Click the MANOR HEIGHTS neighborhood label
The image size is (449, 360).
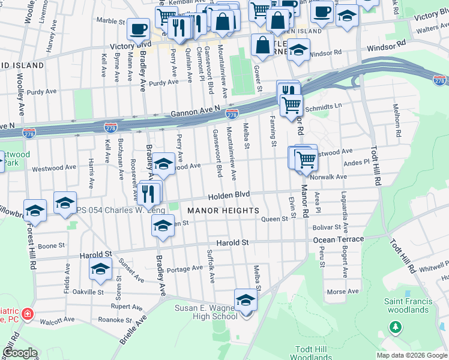tap(223, 211)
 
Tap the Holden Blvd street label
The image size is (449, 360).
tap(229, 196)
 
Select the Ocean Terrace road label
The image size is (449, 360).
tap(339, 239)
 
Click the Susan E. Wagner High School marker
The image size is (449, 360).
tap(246, 301)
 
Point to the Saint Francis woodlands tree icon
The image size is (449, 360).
tap(395, 327)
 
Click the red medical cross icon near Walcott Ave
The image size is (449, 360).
tap(26, 314)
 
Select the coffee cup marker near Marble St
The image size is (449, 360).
tap(138, 28)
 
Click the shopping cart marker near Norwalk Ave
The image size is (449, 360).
tap(306, 160)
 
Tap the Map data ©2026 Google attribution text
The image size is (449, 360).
tap(411, 355)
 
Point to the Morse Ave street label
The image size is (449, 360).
tap(344, 292)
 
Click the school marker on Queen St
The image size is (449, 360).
tap(162, 225)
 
